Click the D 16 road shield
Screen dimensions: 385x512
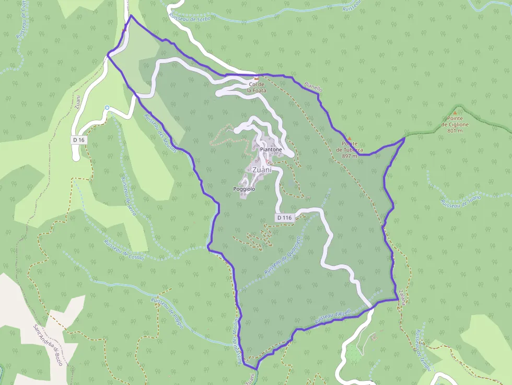tap(79, 140)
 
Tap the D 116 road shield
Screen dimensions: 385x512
tap(284, 217)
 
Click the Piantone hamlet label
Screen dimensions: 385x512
tap(271, 149)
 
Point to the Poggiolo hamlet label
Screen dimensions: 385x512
tap(245, 189)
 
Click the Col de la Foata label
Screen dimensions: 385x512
tap(257, 87)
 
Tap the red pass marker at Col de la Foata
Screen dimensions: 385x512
tap(257, 78)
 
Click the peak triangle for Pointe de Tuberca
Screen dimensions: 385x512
tap(350, 138)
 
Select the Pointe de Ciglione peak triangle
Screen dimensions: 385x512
tap(455, 112)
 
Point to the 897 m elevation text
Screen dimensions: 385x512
tap(350, 156)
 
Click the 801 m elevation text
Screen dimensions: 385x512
tap(455, 131)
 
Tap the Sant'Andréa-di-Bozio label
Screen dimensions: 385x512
tap(49, 345)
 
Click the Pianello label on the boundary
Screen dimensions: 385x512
tap(313, 87)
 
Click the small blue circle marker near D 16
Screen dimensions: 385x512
tap(107, 108)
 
